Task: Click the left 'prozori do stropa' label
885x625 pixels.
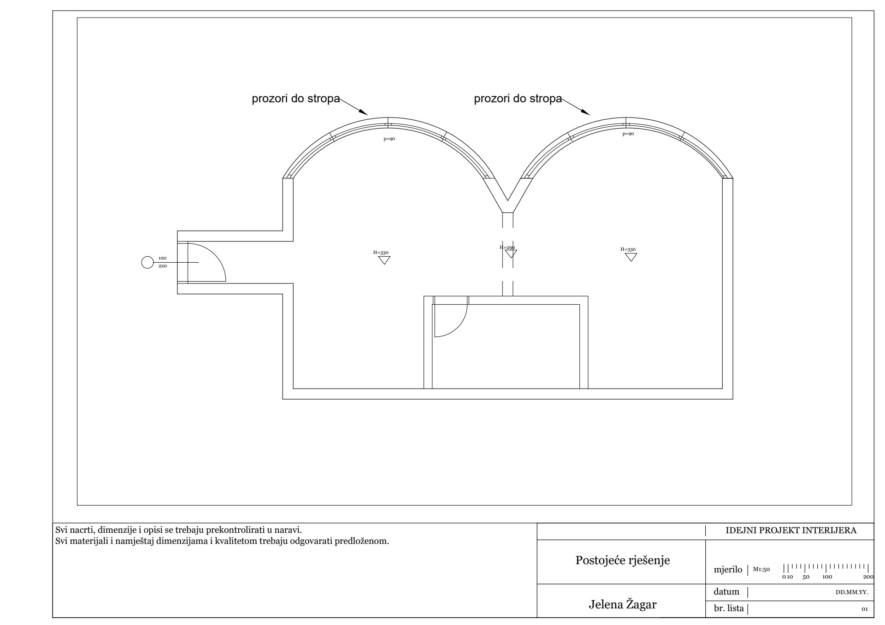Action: (x=295, y=99)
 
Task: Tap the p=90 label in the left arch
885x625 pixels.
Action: (x=389, y=139)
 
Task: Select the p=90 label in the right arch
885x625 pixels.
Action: (x=628, y=134)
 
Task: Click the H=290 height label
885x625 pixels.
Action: (x=507, y=248)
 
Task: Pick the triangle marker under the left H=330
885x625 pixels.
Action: (x=384, y=260)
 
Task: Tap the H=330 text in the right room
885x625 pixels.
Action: (x=628, y=249)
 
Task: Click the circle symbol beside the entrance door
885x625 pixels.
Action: (x=147, y=262)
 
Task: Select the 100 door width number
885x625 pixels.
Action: (x=162, y=258)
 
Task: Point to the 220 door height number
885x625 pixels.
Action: (x=162, y=266)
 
